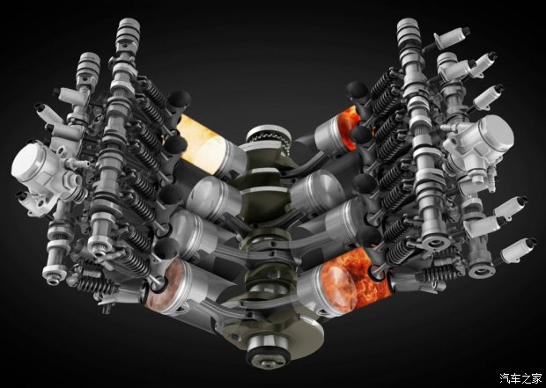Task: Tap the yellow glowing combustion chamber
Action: click(x=202, y=144)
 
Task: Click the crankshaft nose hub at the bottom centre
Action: click(x=268, y=348)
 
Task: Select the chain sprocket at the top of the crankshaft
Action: click(x=269, y=137)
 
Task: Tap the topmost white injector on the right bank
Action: click(x=452, y=38)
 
